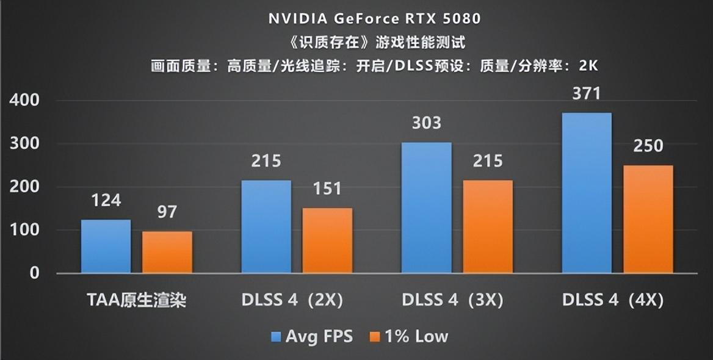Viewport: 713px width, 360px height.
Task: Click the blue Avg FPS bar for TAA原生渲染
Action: point(106,246)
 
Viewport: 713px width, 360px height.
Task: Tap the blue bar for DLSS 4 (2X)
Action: point(266,226)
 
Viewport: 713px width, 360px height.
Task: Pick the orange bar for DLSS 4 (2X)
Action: point(327,240)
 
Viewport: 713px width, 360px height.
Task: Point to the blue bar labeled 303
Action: point(426,207)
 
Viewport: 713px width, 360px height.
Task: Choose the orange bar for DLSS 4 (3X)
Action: point(487,226)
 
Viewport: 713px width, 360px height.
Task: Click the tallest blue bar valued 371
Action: point(587,193)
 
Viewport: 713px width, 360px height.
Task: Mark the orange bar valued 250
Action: point(648,219)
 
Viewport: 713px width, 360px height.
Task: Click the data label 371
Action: point(587,94)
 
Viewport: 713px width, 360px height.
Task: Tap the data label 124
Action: point(106,200)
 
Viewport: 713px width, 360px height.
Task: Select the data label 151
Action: point(327,189)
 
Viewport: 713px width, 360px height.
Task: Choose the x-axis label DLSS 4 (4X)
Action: point(612,300)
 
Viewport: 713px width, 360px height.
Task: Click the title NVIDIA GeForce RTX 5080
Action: point(374,19)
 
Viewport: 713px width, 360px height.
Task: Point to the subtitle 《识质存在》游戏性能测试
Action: point(374,42)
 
